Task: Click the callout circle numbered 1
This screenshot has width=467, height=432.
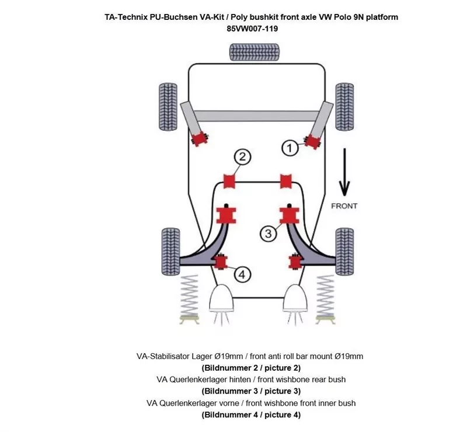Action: [x=290, y=148]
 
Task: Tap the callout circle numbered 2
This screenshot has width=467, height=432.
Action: [x=243, y=156]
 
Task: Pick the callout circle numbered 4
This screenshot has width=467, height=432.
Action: [x=242, y=273]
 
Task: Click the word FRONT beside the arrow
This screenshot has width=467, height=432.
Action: [x=344, y=206]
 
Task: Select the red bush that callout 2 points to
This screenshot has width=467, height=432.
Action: [x=229, y=180]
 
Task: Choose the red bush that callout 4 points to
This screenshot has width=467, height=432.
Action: [x=221, y=262]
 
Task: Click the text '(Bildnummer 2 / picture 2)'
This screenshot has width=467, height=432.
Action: [x=251, y=368]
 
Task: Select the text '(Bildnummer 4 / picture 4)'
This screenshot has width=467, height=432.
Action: [x=251, y=415]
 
